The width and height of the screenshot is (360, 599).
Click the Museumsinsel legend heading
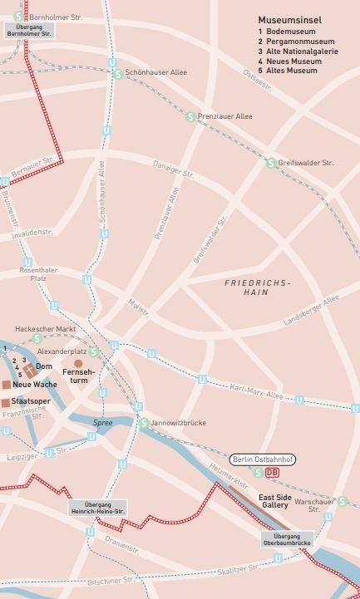pos(290,18)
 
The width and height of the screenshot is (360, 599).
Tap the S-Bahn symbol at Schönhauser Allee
pos(118,73)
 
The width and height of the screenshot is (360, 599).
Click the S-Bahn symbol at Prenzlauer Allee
pos(190,116)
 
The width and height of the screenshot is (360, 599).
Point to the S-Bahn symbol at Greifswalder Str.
pos(270,163)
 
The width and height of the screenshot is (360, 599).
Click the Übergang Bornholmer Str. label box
pos(29,30)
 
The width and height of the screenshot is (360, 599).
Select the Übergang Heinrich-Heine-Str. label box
pos(97,508)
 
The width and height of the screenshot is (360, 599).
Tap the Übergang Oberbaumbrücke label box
pos(287,538)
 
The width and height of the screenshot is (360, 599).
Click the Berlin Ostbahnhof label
pos(263,459)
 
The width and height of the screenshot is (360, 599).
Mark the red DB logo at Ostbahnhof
pos(273,473)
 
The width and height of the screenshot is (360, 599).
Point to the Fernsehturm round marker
pos(79,363)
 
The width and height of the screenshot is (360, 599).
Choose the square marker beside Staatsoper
pos(6,402)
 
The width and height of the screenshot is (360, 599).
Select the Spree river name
pos(102,423)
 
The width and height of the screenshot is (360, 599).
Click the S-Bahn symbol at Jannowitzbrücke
pos(143,423)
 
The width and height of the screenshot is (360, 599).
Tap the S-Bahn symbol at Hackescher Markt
pos(36,338)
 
